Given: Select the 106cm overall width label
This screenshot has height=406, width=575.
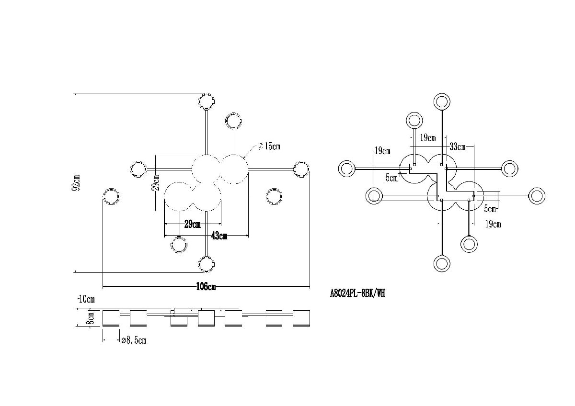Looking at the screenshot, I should pyautogui.click(x=206, y=287).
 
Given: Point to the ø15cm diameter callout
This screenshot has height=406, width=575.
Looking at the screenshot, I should pyautogui.click(x=269, y=147).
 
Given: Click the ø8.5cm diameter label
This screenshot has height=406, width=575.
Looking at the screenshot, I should pyautogui.click(x=134, y=340).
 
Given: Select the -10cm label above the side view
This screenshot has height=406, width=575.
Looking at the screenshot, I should pyautogui.click(x=86, y=299).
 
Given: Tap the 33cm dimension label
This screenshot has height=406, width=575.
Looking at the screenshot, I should pyautogui.click(x=458, y=147).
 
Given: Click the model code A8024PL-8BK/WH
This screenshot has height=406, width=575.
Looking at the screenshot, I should pyautogui.click(x=357, y=293).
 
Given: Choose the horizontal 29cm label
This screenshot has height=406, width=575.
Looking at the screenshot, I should pyautogui.click(x=192, y=224).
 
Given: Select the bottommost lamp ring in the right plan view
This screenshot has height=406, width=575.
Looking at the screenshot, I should pyautogui.click(x=441, y=263).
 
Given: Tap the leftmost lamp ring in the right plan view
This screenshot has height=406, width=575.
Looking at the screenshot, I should pyautogui.click(x=346, y=169).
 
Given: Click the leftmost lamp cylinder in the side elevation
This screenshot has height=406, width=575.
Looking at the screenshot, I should pyautogui.click(x=111, y=318).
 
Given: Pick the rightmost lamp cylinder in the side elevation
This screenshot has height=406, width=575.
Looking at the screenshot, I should pyautogui.click(x=302, y=318).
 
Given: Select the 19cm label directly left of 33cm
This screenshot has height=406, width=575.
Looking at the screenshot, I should pyautogui.click(x=428, y=138).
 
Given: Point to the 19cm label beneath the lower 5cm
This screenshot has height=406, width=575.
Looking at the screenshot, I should pyautogui.click(x=493, y=224).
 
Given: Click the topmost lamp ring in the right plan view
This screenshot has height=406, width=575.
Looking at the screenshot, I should pyautogui.click(x=441, y=101).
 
